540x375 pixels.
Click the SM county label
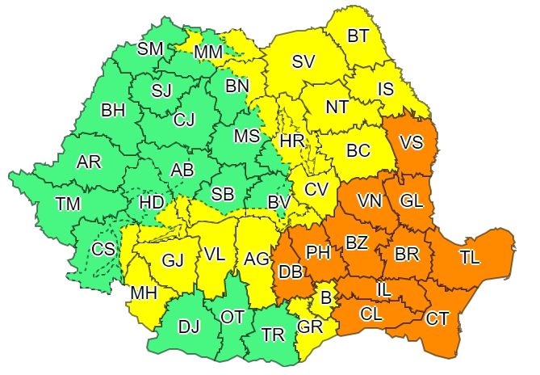pyautogui.click(x=150, y=48)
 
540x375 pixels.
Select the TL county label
pyautogui.click(x=470, y=258)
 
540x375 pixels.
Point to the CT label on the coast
pyautogui.click(x=437, y=318)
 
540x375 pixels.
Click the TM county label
pyautogui.click(x=69, y=204)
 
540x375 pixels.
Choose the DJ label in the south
pyautogui.click(x=190, y=326)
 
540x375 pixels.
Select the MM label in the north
pyautogui.click(x=209, y=53)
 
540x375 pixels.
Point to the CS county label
pyautogui.click(x=103, y=249)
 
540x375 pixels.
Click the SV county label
pyautogui.click(x=303, y=61)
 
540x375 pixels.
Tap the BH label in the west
pyautogui.click(x=112, y=111)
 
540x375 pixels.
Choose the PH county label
pyautogui.click(x=319, y=252)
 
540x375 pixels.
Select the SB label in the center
pyautogui.click(x=221, y=195)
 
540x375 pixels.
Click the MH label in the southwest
pyautogui.click(x=144, y=293)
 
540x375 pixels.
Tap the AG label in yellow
pyautogui.click(x=256, y=259)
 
